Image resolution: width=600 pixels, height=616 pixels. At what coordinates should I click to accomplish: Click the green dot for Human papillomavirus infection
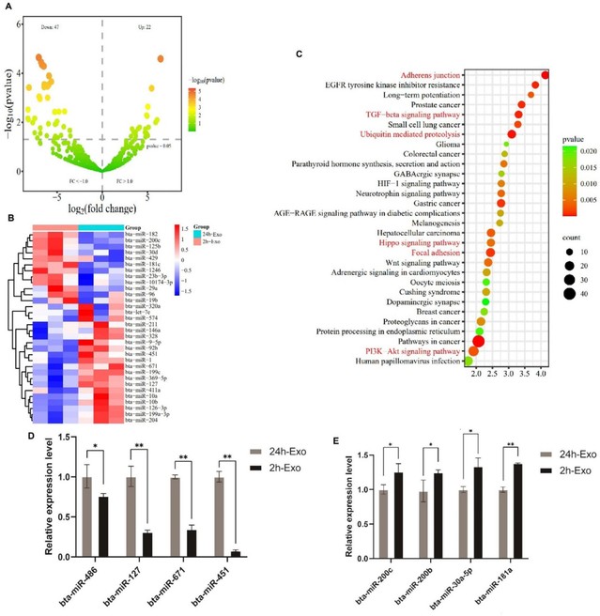[469, 361]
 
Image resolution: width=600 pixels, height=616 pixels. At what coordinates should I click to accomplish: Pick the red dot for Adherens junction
[546, 74]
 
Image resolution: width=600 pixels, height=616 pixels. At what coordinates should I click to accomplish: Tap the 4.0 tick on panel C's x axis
[542, 374]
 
